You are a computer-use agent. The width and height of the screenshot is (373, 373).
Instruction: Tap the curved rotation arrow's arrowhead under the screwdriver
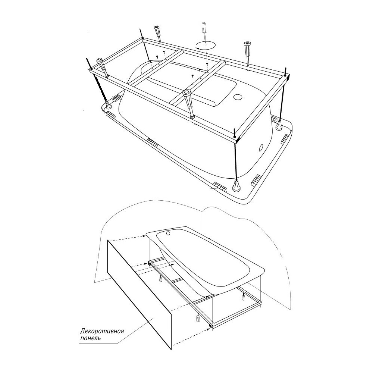(197, 48)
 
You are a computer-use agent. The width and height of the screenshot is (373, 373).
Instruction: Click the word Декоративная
(102, 331)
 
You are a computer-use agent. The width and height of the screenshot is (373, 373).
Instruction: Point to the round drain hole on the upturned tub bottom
(238, 97)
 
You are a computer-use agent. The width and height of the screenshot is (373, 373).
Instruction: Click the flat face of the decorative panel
(139, 294)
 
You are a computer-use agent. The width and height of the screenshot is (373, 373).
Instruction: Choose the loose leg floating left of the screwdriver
(159, 34)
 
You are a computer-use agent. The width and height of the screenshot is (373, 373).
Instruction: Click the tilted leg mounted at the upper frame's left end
(103, 67)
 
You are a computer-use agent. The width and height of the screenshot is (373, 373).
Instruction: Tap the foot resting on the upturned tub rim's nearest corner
(236, 185)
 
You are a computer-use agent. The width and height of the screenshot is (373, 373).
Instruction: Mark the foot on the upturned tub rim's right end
(279, 125)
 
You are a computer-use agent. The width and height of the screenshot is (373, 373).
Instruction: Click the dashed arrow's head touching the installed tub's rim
(144, 236)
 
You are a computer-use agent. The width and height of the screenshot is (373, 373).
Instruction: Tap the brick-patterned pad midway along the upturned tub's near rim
(152, 143)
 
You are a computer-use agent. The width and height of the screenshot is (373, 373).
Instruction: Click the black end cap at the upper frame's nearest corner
(235, 137)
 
